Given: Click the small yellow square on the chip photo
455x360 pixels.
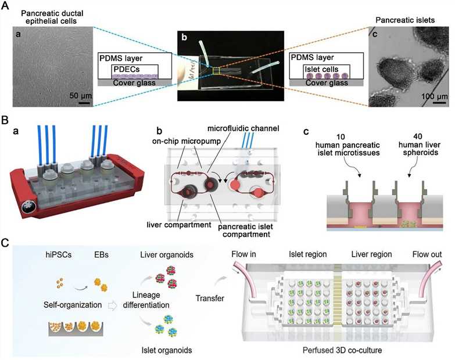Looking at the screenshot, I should [217, 71].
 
